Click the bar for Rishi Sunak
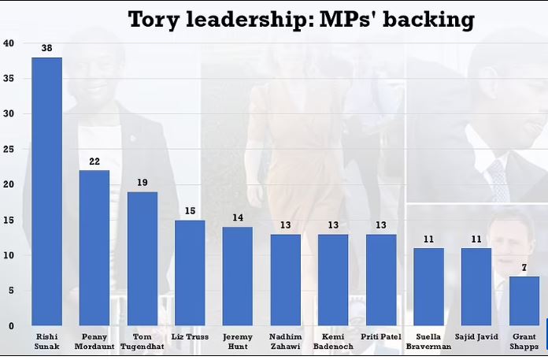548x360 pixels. [46, 191]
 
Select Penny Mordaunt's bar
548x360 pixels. [94, 247]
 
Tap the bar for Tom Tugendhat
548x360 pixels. [143, 258]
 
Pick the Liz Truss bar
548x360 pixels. [190, 273]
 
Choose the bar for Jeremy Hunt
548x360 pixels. [238, 276]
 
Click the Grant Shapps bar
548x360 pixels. [524, 301]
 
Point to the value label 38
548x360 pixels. [46, 48]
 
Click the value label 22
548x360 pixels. [94, 161]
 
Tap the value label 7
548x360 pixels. [524, 268]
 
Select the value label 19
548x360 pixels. [143, 183]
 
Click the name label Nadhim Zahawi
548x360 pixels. [285, 341]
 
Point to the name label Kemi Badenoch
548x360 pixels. [333, 341]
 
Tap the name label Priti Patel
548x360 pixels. [381, 336]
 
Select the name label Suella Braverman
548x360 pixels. [429, 341]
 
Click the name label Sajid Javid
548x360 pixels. [477, 336]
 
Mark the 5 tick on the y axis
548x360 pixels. [10, 290]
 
